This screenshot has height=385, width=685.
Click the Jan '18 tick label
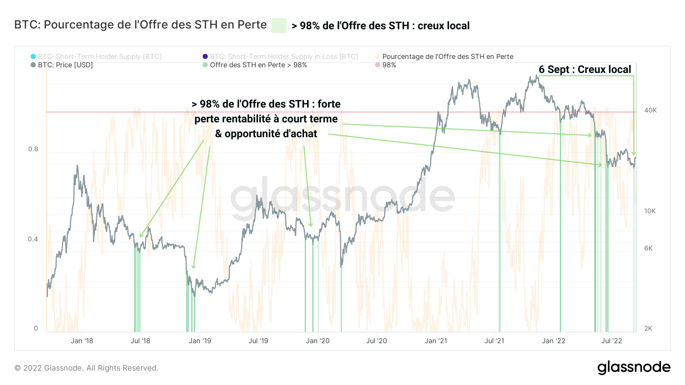pyautogui.click(x=82, y=341)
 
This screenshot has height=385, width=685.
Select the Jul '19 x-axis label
pyautogui.click(x=258, y=341)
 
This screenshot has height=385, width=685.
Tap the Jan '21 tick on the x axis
pyautogui.click(x=436, y=341)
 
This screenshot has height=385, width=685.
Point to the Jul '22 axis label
pyautogui.click(x=612, y=341)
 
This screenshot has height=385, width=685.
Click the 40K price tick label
pyautogui.click(x=650, y=110)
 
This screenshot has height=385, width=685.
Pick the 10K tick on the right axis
pyautogui.click(x=650, y=211)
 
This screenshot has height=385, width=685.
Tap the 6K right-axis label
pyautogui.click(x=648, y=248)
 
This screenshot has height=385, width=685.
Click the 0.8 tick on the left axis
pyautogui.click(x=33, y=149)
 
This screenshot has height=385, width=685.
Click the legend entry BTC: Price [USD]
pyautogui.click(x=65, y=65)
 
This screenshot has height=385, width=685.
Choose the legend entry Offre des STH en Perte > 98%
pyautogui.click(x=258, y=65)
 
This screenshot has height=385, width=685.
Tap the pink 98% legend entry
pyautogui.click(x=389, y=65)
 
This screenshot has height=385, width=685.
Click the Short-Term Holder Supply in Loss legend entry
pyautogui.click(x=284, y=57)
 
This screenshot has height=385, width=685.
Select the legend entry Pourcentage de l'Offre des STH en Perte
pyautogui.click(x=448, y=57)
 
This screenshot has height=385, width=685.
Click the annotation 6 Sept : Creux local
pyautogui.click(x=585, y=70)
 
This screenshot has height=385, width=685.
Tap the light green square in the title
pyautogui.click(x=279, y=25)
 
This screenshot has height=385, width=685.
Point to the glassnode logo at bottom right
pyautogui.click(x=634, y=367)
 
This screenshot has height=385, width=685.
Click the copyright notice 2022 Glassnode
pyautogui.click(x=86, y=368)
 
